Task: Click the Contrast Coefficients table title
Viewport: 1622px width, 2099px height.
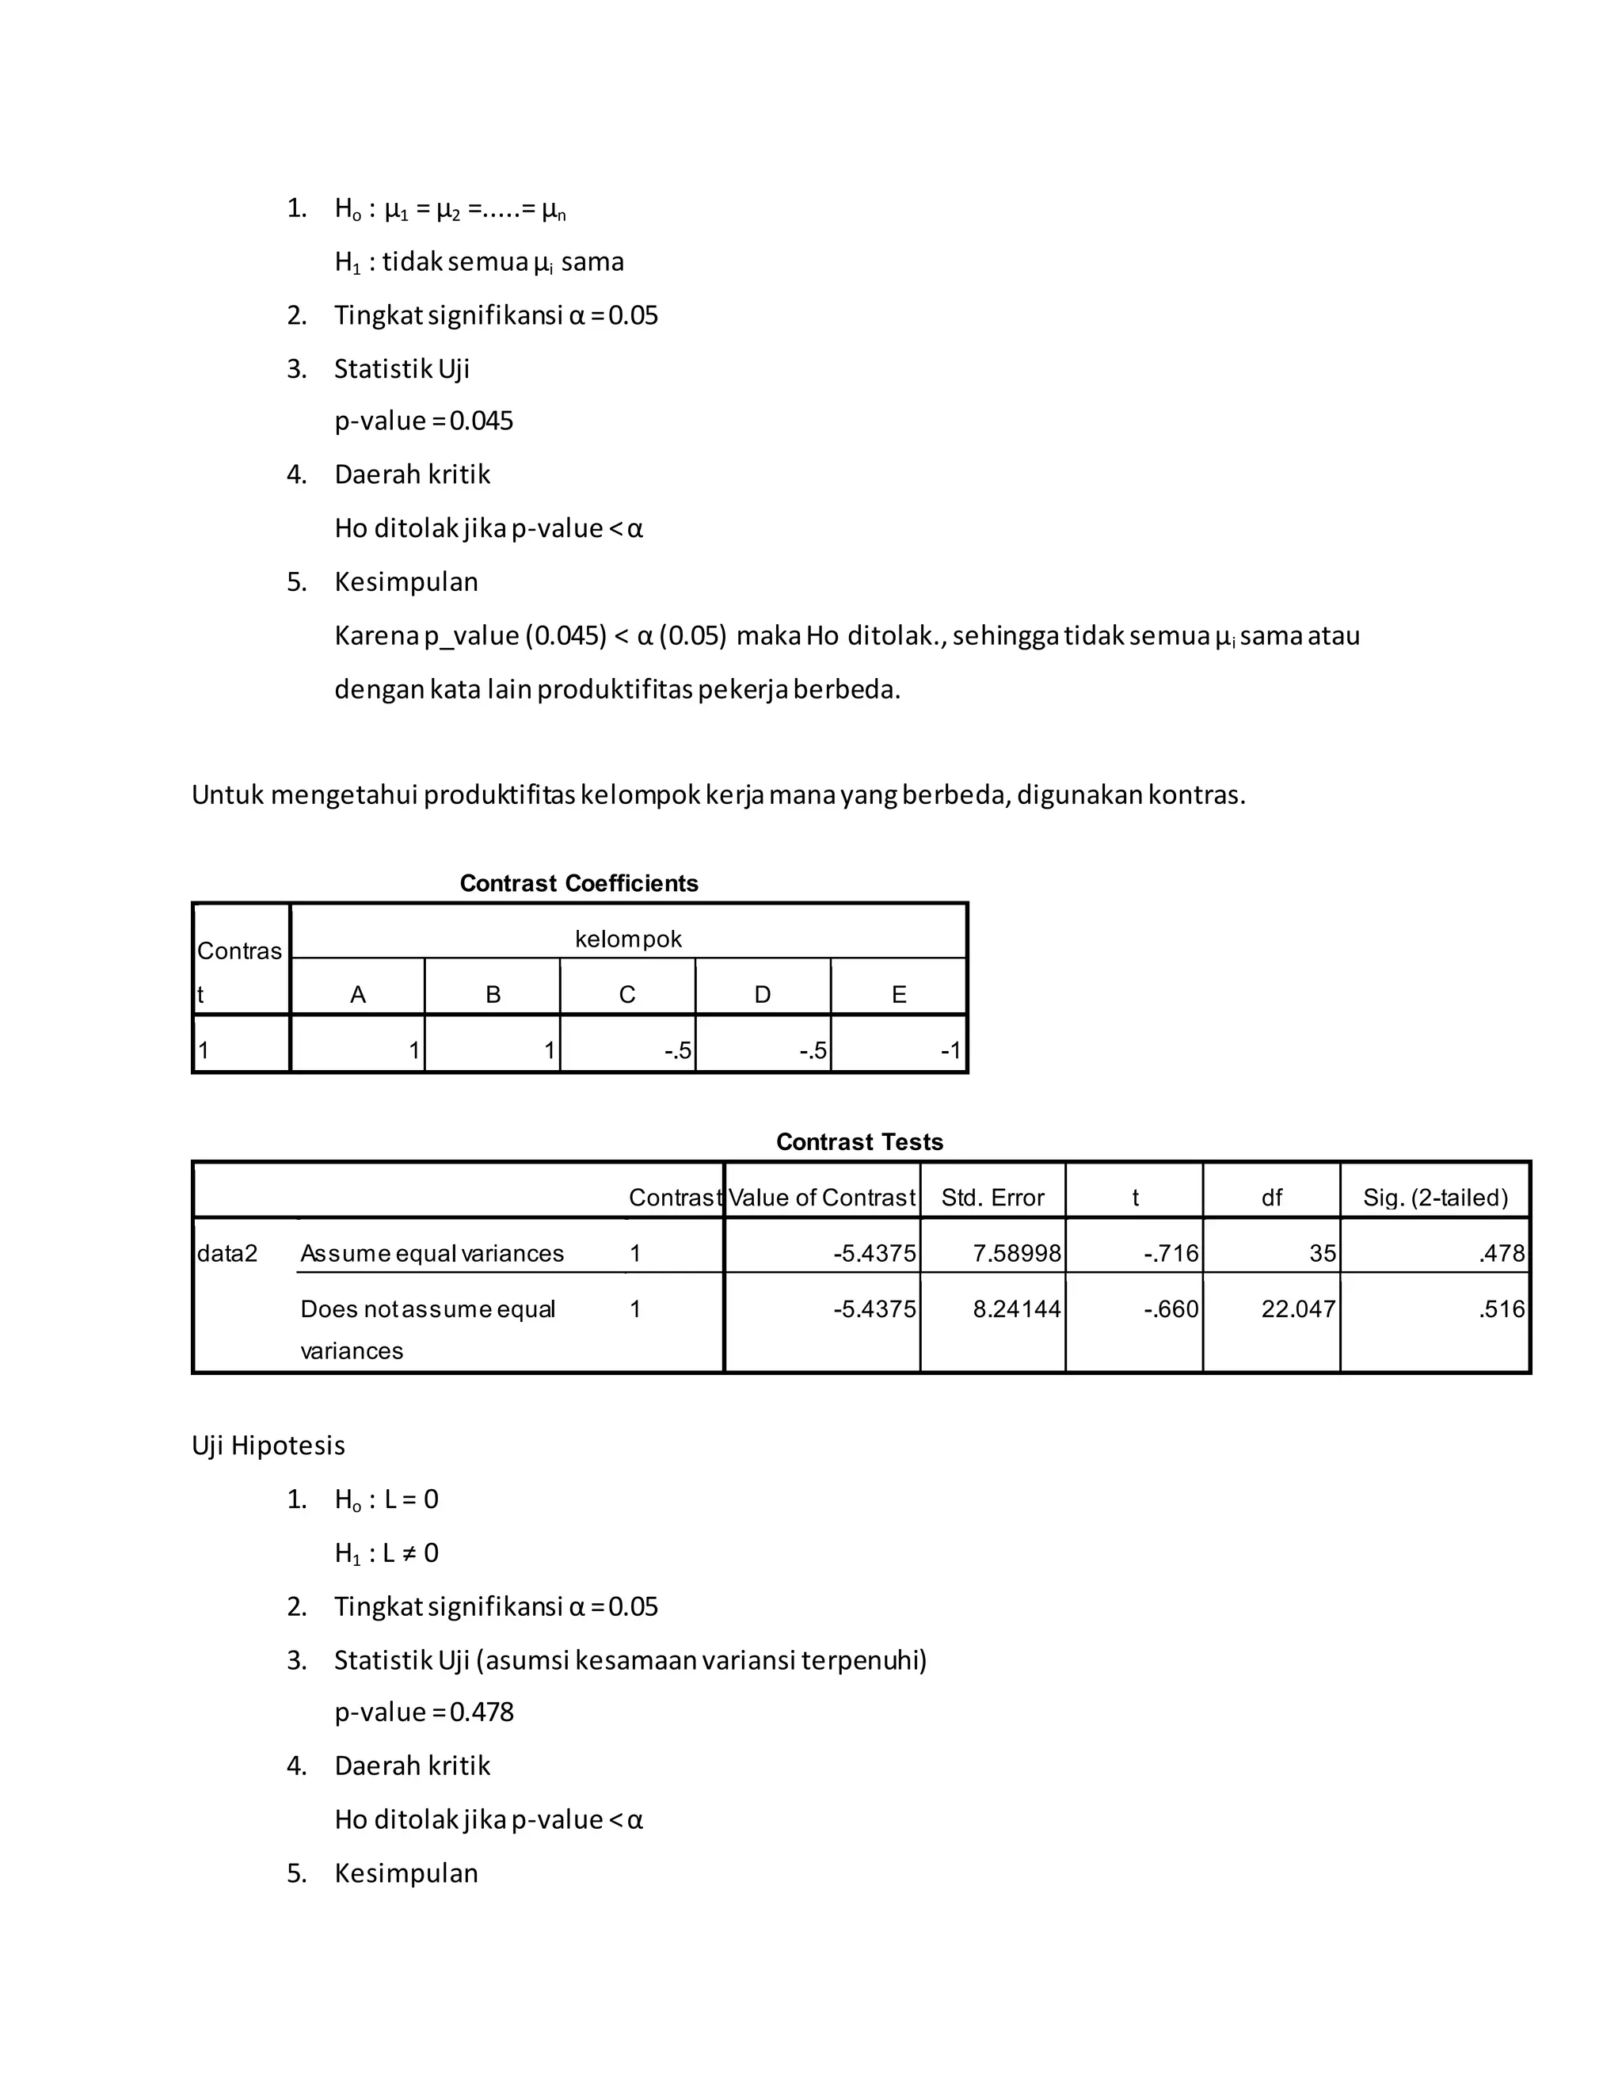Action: pyautogui.click(x=578, y=883)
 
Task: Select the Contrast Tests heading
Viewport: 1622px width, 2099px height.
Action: pyautogui.click(x=859, y=1141)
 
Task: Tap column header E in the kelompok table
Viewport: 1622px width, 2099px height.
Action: pyautogui.click(x=898, y=995)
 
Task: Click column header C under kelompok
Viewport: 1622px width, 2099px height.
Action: pyautogui.click(x=626, y=995)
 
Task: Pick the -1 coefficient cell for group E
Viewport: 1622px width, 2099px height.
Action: pyautogui.click(x=950, y=1050)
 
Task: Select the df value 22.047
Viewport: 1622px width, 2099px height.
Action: pyautogui.click(x=1297, y=1309)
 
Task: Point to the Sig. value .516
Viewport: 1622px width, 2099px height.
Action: pyautogui.click(x=1501, y=1309)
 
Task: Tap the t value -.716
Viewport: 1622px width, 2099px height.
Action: pyautogui.click(x=1171, y=1253)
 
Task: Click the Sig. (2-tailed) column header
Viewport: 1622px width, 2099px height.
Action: pyautogui.click(x=1434, y=1198)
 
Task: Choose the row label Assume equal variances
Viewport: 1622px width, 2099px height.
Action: pyautogui.click(x=432, y=1253)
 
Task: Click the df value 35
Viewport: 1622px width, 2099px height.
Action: pyautogui.click(x=1322, y=1253)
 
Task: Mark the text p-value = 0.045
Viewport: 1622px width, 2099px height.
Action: pyautogui.click(x=424, y=421)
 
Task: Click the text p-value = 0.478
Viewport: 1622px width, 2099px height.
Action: pyautogui.click(x=424, y=1712)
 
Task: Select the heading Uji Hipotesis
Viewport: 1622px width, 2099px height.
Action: pyautogui.click(x=268, y=1446)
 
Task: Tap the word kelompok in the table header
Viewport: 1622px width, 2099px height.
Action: pyautogui.click(x=627, y=939)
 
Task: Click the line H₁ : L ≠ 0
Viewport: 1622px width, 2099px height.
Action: pyautogui.click(x=386, y=1553)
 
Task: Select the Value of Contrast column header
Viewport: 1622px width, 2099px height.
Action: pyautogui.click(x=821, y=1198)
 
